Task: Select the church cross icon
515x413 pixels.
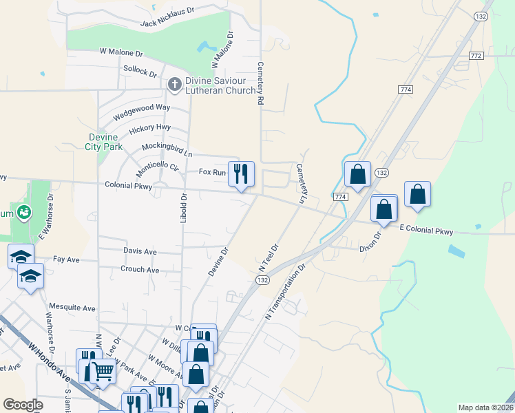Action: click(x=175, y=84)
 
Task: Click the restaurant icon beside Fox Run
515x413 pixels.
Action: click(x=240, y=173)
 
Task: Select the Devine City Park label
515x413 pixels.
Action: click(x=103, y=141)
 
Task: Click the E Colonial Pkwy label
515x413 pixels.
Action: click(x=426, y=231)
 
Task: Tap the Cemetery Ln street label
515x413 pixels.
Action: click(x=301, y=182)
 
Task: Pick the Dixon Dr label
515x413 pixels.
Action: click(x=371, y=244)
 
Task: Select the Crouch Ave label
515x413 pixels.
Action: click(x=140, y=269)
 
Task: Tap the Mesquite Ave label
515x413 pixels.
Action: click(x=72, y=308)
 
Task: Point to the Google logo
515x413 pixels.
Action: click(x=23, y=405)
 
